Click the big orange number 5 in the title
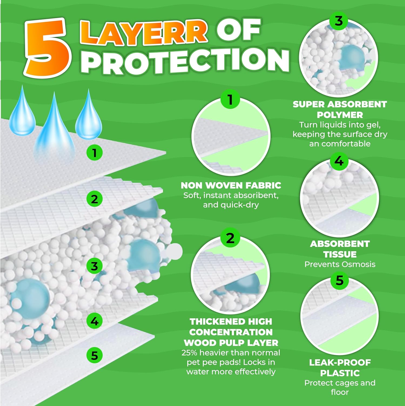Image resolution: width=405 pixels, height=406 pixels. [x=48, y=48]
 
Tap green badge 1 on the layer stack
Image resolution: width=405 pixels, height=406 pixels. [x=94, y=153]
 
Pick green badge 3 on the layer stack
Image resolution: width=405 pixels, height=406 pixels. [x=94, y=266]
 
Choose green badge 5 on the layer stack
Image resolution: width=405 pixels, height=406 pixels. [x=94, y=355]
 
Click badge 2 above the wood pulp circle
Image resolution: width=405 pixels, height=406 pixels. [x=230, y=238]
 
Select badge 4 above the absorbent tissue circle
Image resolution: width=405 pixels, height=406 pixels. [x=339, y=161]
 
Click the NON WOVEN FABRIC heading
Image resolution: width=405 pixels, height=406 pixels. [x=231, y=185]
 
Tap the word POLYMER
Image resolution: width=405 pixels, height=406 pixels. [x=340, y=115]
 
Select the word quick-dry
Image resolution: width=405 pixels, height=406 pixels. [x=240, y=205]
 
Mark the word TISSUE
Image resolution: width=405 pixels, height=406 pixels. [x=340, y=254]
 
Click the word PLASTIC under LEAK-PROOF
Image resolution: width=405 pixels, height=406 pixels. [x=340, y=373]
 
